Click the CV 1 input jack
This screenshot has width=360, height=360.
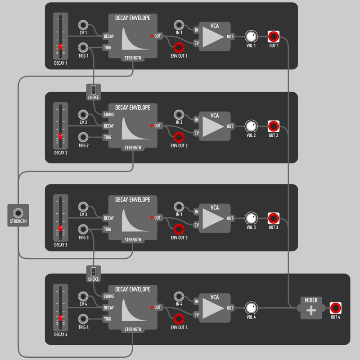point(83,25)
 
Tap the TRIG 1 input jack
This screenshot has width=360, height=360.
point(83,48)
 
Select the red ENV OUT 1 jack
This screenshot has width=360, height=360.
point(179,48)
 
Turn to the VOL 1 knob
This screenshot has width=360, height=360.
point(251,36)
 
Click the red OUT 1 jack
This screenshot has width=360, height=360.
point(274,36)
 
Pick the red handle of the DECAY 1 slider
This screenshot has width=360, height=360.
point(61,47)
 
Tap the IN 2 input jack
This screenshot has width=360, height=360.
point(179,115)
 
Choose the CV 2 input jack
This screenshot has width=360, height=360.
point(83,115)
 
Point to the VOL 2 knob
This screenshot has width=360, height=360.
point(251,126)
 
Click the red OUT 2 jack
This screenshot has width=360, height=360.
point(274,126)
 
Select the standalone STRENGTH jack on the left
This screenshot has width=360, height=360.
point(18,213)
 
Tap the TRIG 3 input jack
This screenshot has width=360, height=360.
point(83,229)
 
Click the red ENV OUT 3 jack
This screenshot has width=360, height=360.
point(179,229)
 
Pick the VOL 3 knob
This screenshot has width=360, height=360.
point(251,218)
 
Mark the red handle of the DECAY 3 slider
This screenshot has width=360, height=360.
point(61,228)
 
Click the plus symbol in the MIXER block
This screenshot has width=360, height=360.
point(311,310)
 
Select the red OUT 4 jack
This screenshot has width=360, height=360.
point(335,308)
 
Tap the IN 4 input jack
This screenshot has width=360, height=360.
point(179,297)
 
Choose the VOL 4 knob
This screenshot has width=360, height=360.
point(251,308)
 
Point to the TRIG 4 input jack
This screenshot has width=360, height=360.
point(83,319)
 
